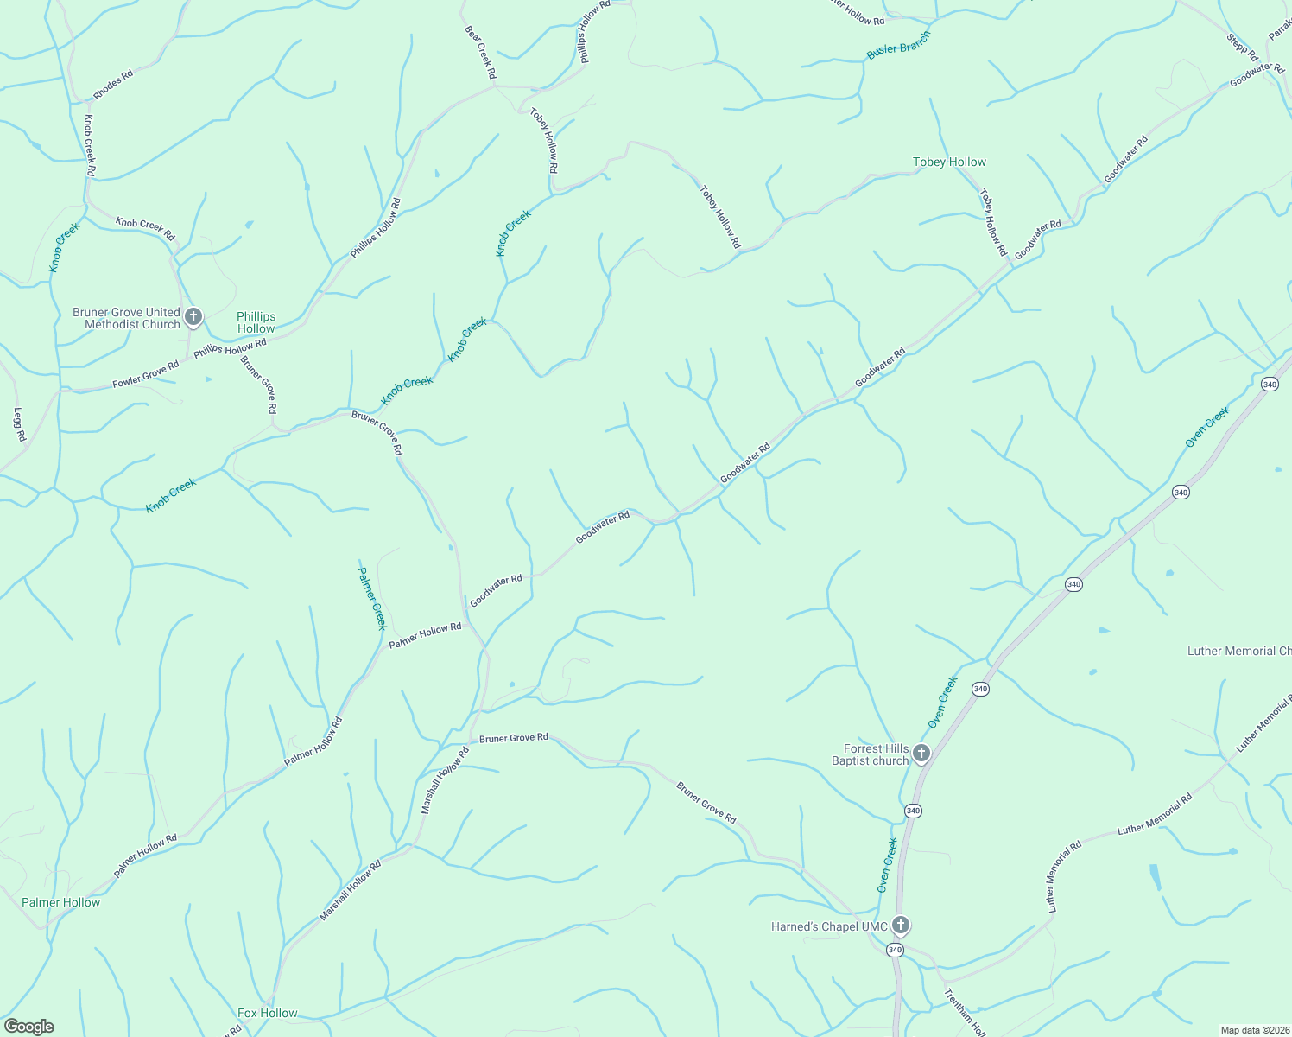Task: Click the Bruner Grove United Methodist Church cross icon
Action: [193, 317]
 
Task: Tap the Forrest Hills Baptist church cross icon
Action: [921, 754]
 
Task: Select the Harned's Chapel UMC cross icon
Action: [900, 926]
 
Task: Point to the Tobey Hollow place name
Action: [949, 162]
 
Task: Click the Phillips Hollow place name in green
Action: [256, 322]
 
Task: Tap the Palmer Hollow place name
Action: [60, 902]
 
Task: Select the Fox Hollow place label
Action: [267, 1013]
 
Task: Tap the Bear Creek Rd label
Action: [480, 53]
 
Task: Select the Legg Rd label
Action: [20, 425]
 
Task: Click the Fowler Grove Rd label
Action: [145, 374]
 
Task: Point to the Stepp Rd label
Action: [1242, 47]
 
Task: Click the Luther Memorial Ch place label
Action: [1239, 651]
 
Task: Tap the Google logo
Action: [29, 1027]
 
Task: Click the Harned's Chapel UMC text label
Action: [829, 926]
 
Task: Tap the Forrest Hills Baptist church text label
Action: [871, 754]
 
